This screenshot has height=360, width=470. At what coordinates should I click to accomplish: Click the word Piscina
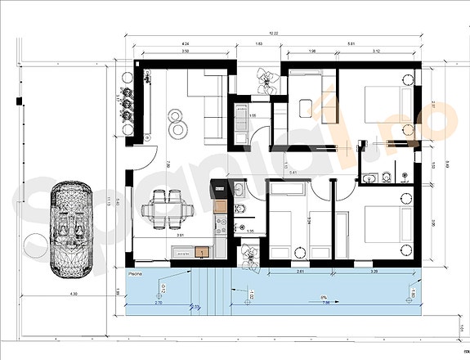pyautogui.click(x=137, y=268)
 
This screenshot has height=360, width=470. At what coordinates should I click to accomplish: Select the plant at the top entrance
pyautogui.click(x=263, y=79)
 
